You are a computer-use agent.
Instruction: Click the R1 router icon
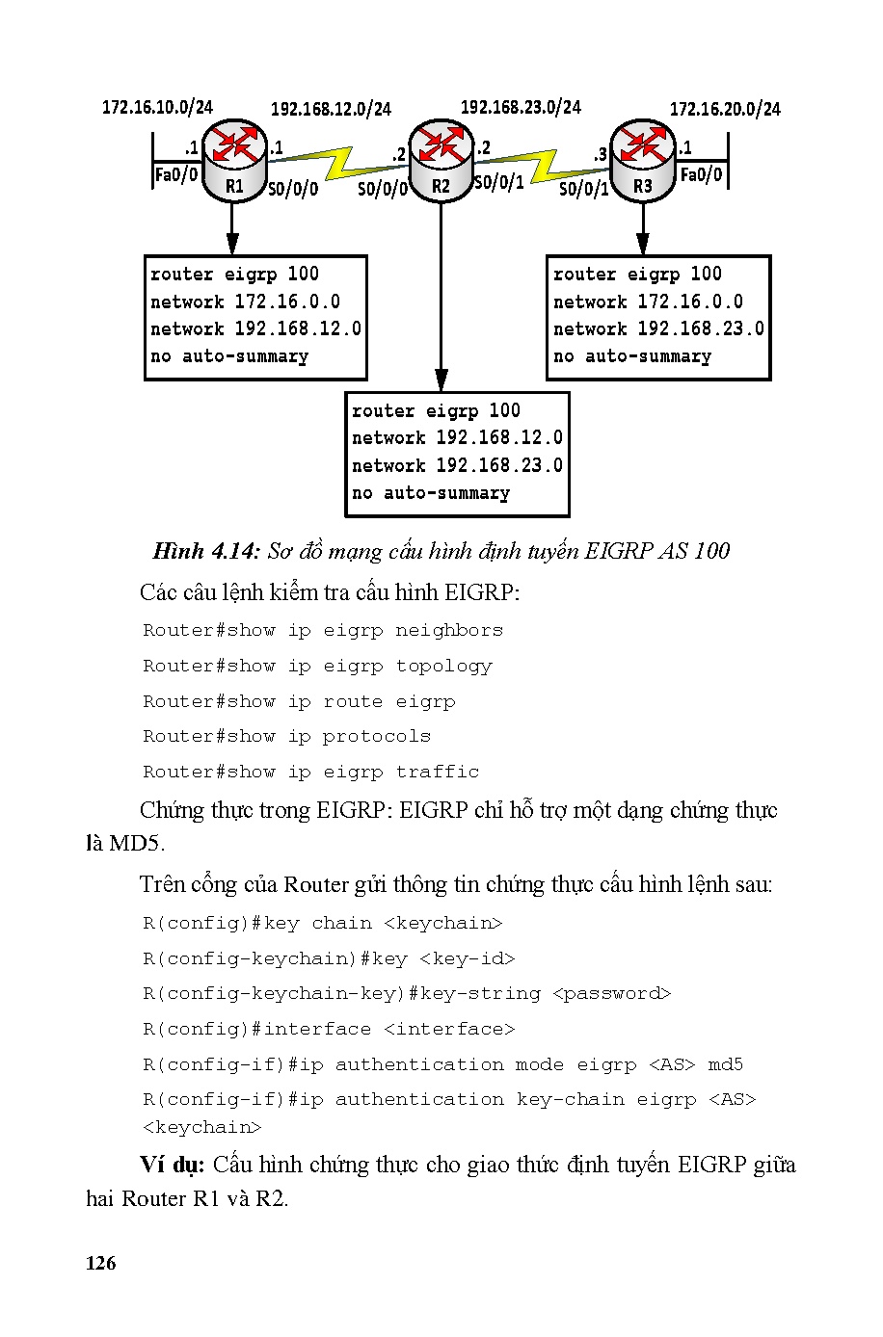tap(233, 159)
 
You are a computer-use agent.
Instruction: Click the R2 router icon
tap(441, 159)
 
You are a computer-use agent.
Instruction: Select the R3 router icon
tap(642, 159)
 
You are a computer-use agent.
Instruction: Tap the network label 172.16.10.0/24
tap(157, 107)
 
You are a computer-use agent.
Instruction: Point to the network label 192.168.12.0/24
tap(331, 109)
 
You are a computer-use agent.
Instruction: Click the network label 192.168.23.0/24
tap(521, 107)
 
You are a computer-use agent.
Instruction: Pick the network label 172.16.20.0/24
tap(725, 109)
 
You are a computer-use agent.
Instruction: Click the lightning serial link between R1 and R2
tap(337, 162)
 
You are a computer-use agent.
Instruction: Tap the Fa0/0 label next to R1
tap(176, 174)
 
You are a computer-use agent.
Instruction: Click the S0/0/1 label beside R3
tap(584, 189)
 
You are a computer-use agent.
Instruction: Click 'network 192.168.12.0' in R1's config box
tap(255, 328)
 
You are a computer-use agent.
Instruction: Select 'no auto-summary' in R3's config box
tap(632, 356)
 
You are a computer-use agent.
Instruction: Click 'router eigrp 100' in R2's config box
tap(436, 410)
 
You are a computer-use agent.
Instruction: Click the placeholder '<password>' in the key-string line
tap(611, 993)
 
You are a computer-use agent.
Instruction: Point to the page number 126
tap(100, 1264)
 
